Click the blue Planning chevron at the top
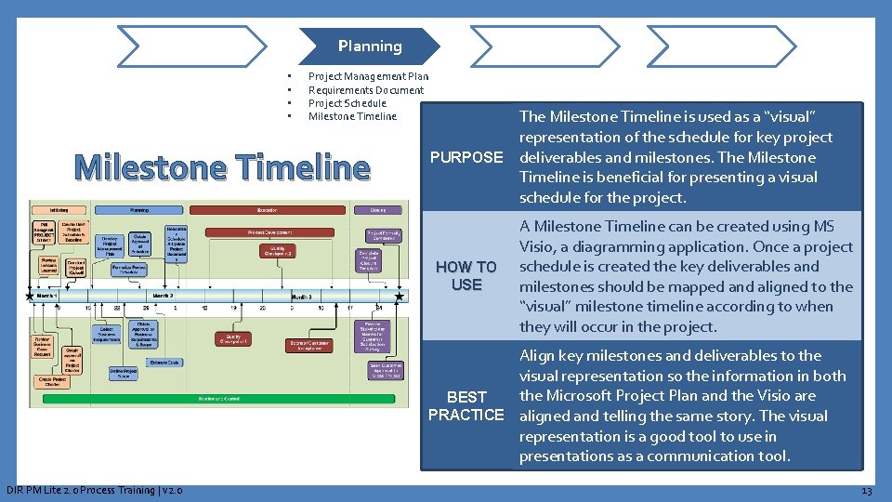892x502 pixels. point(370,46)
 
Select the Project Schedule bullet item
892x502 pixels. point(347,103)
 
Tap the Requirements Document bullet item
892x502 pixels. point(365,90)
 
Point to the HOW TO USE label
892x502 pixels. point(466,275)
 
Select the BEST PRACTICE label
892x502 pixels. point(466,405)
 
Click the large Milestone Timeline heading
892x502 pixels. point(222,167)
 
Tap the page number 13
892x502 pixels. point(866,490)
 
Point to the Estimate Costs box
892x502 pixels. point(164,363)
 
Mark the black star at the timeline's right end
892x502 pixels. point(400,297)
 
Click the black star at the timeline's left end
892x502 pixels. point(32,297)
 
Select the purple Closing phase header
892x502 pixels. point(378,210)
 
